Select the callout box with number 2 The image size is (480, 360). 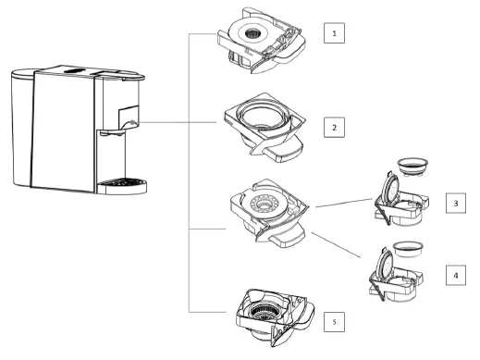pyautogui.click(x=336, y=125)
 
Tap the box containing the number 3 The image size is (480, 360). pyautogui.click(x=456, y=204)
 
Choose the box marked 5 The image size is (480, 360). pyautogui.click(x=336, y=321)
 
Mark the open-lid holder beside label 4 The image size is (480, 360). pyautogui.click(x=400, y=275)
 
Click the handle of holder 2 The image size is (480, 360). pyautogui.click(x=287, y=146)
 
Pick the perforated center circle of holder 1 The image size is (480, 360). pyautogui.click(x=252, y=34)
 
